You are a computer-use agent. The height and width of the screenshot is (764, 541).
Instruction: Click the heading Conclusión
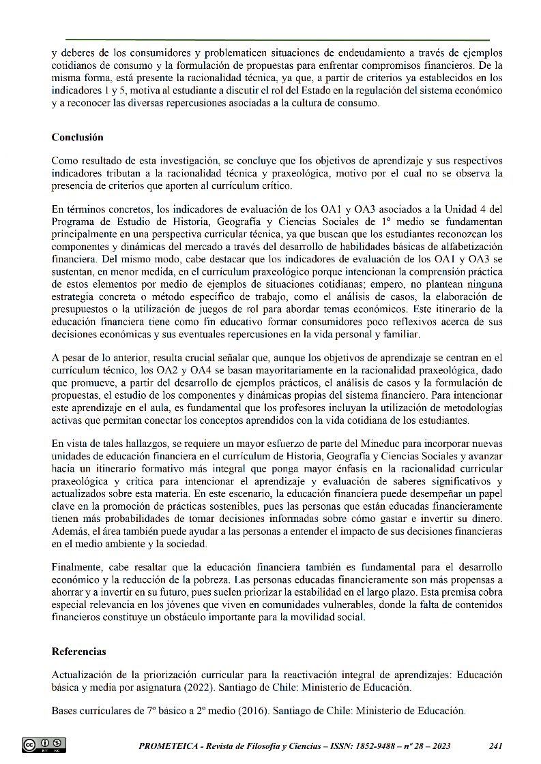pyautogui.click(x=77, y=137)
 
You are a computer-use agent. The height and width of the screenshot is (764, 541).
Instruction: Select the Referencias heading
pyautogui.click(x=78, y=652)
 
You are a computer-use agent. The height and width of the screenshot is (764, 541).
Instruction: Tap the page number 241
pyautogui.click(x=496, y=746)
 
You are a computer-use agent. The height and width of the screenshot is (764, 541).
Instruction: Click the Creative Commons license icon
pyautogui.click(x=44, y=745)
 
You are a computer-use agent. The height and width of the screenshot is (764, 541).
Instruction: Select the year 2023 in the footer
pyautogui.click(x=438, y=746)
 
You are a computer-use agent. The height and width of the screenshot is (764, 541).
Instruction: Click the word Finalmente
pyautogui.click(x=77, y=567)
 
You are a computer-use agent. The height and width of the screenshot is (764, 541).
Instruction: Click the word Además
pyautogui.click(x=71, y=532)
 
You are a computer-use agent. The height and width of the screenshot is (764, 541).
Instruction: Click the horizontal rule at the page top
pyautogui.click(x=277, y=40)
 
